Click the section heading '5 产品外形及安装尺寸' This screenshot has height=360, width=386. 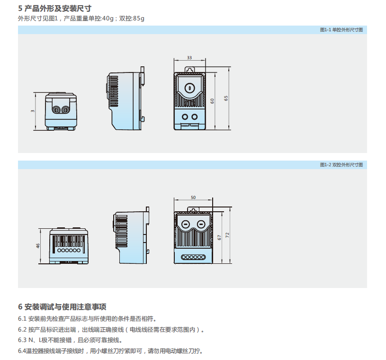coord(54,8)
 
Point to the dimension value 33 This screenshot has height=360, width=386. coord(189,58)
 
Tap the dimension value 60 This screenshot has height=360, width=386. coord(213,101)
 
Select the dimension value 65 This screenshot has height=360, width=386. coord(226,98)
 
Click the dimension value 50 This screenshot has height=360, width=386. coord(193,197)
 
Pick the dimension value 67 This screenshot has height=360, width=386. coord(219,237)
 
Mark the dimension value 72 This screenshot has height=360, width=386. coord(228,235)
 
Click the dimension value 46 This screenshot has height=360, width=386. coord(38,246)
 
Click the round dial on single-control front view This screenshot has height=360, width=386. coord(189,88)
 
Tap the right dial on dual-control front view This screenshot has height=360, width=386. coord(201,224)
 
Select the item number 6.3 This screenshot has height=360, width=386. coord(23,340)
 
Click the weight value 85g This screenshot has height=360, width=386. coord(139,18)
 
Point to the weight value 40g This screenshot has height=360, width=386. coord(108,18)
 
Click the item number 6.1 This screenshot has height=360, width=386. coord(23,318)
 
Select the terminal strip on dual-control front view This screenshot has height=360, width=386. coord(193,257)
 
